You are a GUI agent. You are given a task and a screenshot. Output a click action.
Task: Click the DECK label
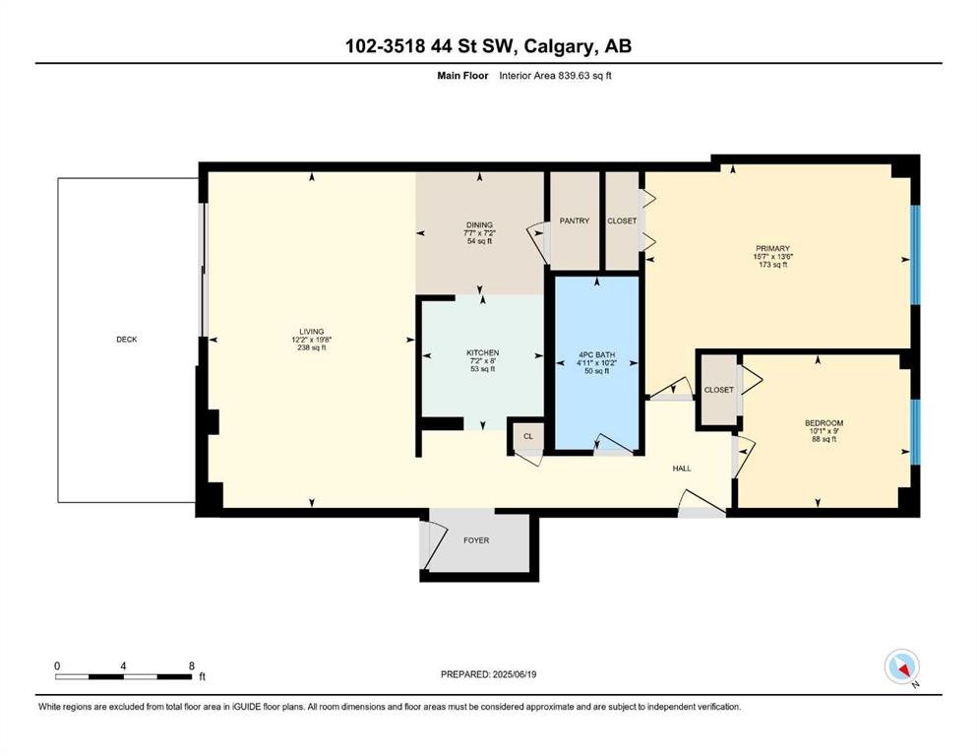coord(127,340)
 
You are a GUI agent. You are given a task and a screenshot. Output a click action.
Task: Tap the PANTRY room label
coord(574,220)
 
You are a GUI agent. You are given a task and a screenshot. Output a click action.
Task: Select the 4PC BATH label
coord(597,354)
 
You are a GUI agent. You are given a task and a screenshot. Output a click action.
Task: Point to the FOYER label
coord(476,540)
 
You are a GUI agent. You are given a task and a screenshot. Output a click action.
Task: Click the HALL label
coord(682,468)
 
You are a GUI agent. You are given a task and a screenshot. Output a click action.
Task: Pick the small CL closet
coord(528,436)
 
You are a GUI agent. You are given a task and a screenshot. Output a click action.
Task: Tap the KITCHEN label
coord(483,352)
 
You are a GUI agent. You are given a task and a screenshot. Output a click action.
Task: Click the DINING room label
coord(479,225)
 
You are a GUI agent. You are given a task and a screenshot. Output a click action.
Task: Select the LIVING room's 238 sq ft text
coord(312,347)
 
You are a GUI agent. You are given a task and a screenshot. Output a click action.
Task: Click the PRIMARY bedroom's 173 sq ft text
coord(772,264)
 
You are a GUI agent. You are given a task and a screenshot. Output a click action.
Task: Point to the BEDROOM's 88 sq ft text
coord(824,439)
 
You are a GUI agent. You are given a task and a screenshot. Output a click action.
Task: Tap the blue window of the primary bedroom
coord(915,255)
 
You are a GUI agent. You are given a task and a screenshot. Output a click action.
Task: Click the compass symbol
coord(901,666)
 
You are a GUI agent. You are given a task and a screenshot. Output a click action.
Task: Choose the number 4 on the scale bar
coord(123,665)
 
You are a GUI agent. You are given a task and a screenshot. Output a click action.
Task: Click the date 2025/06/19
coord(514,674)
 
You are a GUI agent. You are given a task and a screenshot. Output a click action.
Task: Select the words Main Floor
coord(462,76)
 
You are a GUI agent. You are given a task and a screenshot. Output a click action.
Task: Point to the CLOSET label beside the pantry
coord(622,220)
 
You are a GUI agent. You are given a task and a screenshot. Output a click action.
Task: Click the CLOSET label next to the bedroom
coord(718,390)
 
